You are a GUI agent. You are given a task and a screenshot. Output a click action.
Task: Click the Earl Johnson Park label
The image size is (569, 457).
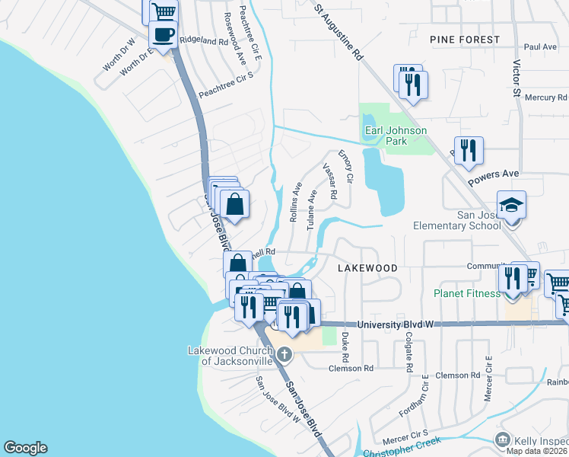click(396, 136)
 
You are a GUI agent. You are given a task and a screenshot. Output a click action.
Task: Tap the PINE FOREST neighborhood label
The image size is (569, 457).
click(464, 39)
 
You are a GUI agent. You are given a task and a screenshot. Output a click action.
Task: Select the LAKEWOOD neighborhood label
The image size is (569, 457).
click(367, 268)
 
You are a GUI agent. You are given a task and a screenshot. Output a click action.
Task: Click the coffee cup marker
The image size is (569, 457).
click(164, 34)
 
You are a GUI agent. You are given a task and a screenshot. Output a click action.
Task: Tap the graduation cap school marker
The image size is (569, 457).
click(511, 205)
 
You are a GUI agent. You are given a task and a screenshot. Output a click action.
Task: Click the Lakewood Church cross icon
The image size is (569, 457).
click(284, 353)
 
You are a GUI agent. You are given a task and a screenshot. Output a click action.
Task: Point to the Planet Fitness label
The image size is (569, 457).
click(468, 292)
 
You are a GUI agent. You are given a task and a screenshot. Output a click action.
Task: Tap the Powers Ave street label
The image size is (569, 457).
click(493, 175)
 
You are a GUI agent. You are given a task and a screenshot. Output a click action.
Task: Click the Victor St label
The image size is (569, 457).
click(517, 79)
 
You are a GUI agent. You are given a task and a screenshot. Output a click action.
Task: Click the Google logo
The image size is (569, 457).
click(25, 448)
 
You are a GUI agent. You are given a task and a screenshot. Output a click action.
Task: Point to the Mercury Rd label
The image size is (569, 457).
click(545, 97)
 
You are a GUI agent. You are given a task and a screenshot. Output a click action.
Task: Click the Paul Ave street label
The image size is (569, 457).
click(540, 47)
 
